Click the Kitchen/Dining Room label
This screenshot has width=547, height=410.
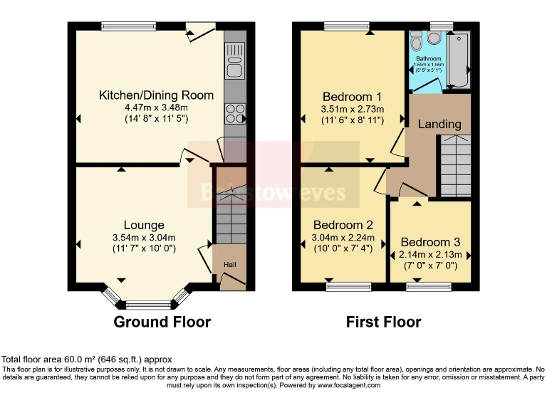click(x=156, y=95)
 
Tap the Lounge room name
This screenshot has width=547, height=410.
click(x=143, y=225)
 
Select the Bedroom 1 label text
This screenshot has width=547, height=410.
click(x=353, y=97)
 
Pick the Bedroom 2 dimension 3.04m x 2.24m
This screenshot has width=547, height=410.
click(x=343, y=237)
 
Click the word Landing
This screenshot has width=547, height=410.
click(x=439, y=124)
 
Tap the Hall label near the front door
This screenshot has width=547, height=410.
click(x=230, y=266)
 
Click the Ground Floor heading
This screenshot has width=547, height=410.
click(x=162, y=322)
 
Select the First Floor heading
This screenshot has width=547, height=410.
click(x=383, y=322)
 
